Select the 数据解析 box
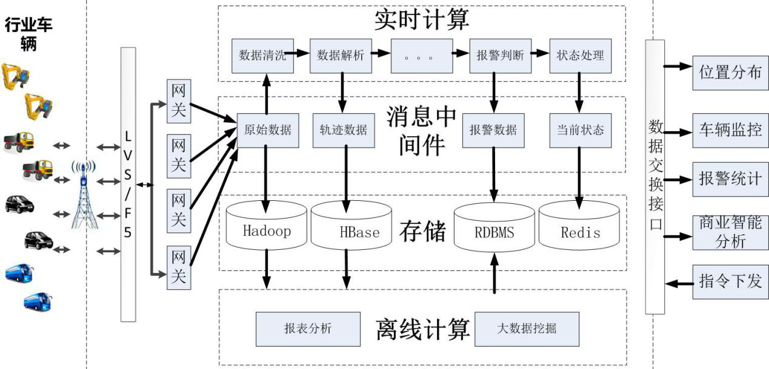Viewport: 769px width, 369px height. (x=341, y=56)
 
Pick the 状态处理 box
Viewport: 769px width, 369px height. (x=580, y=56)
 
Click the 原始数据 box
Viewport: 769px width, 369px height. (x=267, y=130)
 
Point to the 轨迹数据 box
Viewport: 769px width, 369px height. (x=343, y=130)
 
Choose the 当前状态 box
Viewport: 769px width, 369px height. (x=581, y=130)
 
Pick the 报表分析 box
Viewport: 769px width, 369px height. (x=308, y=328)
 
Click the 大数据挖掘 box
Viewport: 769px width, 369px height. (x=527, y=328)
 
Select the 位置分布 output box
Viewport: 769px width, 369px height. (x=730, y=73)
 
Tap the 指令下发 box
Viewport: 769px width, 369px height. (x=730, y=281)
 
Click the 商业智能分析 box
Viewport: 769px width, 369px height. (x=730, y=232)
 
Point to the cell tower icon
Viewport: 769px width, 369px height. (x=84, y=194)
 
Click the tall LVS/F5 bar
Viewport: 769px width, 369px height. (x=128, y=184)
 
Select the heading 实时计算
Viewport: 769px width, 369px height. (x=422, y=20)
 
